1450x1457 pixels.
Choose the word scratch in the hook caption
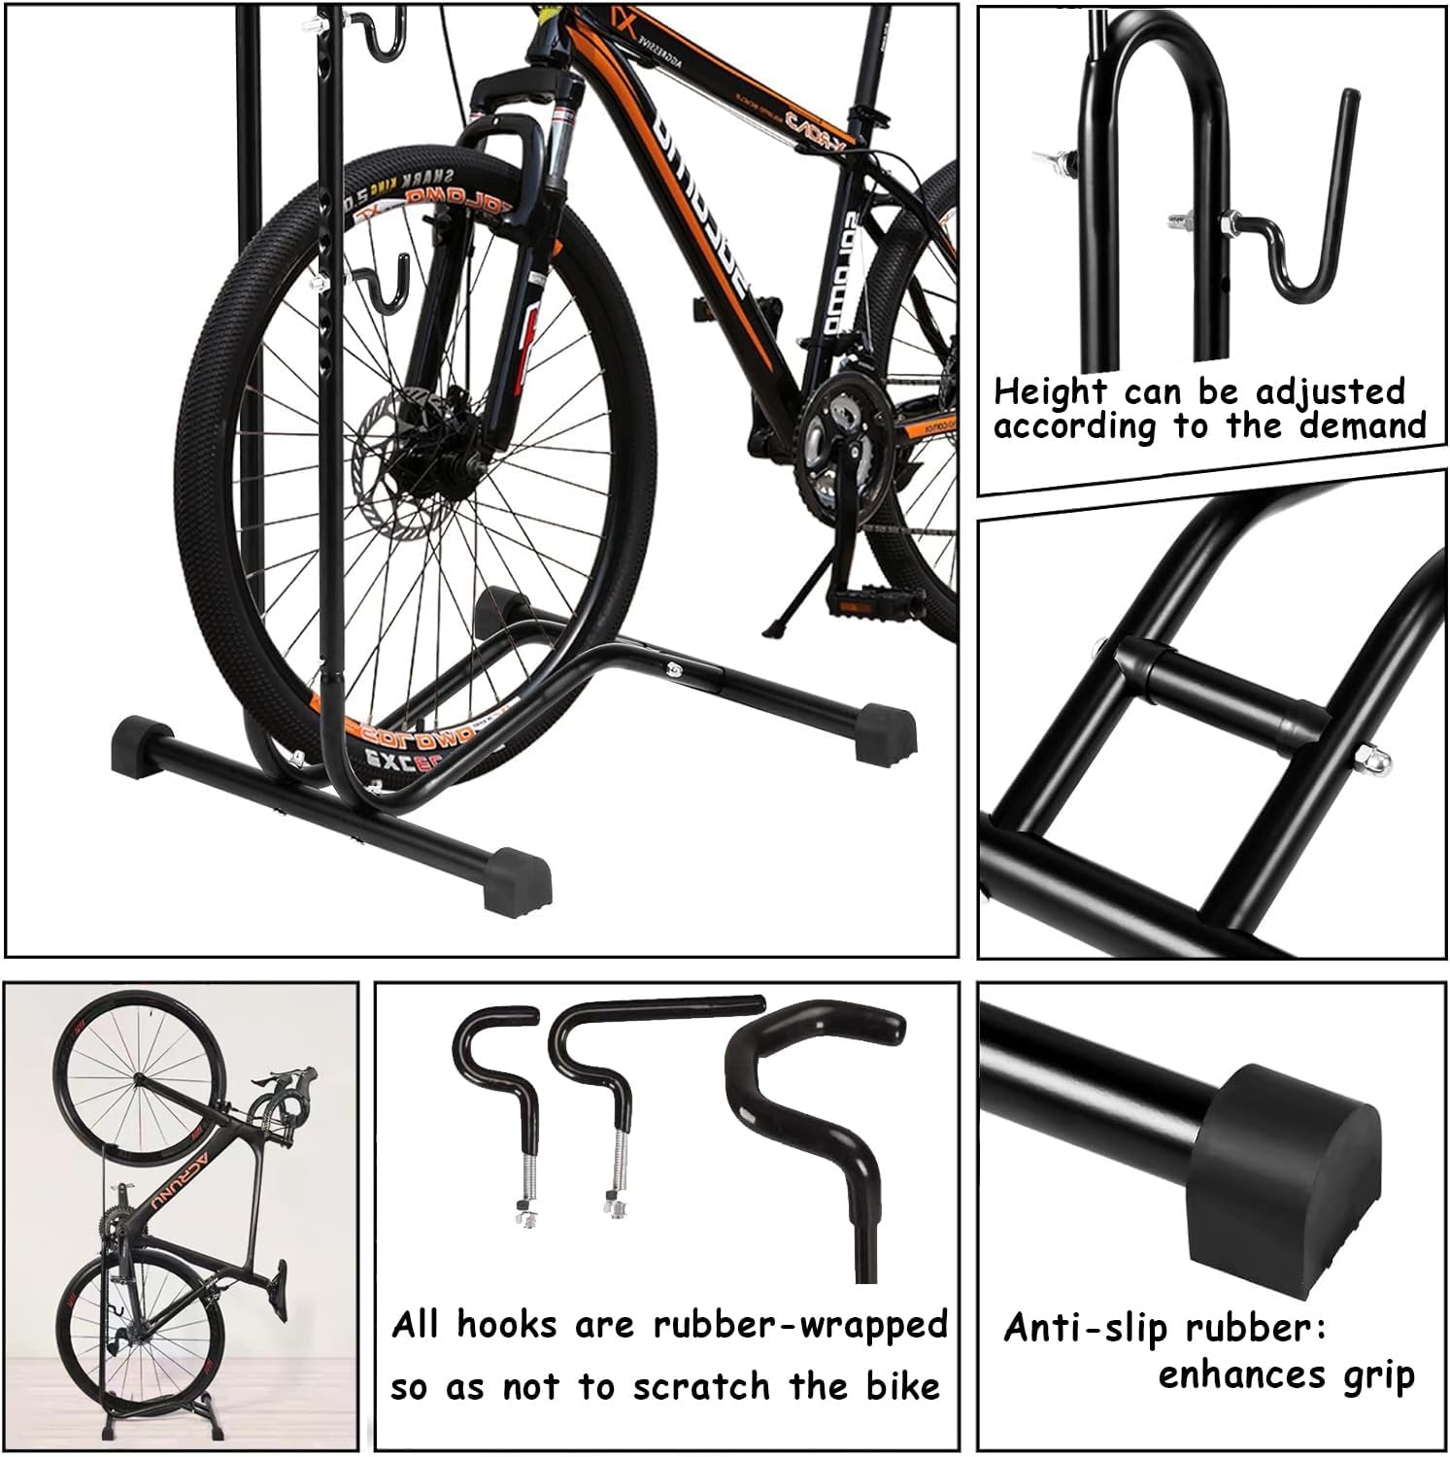(x=679, y=1386)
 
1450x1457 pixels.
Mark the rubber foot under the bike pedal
(x=887, y=730)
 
